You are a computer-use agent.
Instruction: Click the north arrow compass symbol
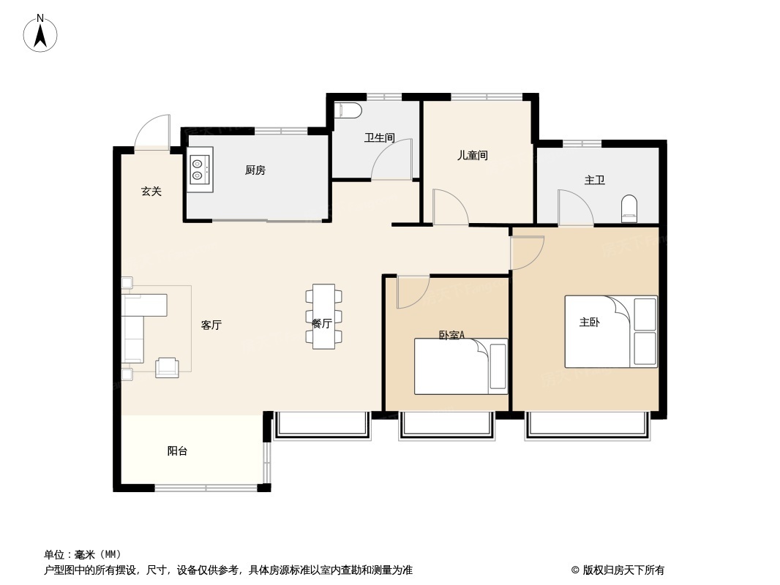pos(40,34)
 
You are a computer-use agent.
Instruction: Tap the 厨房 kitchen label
pos(255,170)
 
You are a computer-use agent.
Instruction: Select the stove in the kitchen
pos(200,170)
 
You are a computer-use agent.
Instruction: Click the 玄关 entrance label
pos(151,192)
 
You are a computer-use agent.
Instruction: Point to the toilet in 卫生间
pos(348,110)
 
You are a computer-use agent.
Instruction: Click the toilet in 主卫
pos(629,208)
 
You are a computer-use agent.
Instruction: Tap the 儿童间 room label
pos(473,156)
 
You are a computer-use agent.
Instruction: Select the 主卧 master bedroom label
pos(590,322)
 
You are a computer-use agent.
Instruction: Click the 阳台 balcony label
pos(177,451)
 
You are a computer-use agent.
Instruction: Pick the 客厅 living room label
pos(211,325)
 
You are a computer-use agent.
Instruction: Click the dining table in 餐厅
pos(324,317)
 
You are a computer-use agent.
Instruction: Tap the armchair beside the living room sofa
pos(167,368)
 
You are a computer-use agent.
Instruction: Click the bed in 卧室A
pos(461,367)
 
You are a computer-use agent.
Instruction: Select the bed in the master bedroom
pos(611,331)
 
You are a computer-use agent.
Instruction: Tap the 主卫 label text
pos(594,180)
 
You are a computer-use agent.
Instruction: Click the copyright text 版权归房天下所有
pos(623,570)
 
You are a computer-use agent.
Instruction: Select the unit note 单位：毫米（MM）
pos(83,555)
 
